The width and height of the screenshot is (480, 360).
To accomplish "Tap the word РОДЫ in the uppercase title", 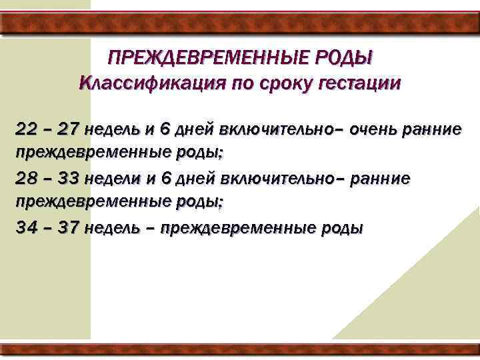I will [346, 59].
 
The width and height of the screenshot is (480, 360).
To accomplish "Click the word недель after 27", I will [112, 129].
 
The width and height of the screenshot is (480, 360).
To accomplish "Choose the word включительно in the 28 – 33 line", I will [257, 178].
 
